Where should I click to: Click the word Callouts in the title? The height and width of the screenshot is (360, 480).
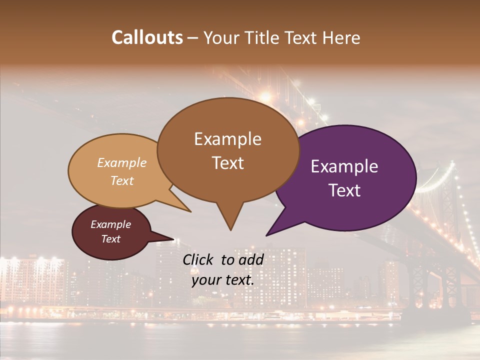point(147,37)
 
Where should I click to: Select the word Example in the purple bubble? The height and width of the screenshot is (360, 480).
point(344,166)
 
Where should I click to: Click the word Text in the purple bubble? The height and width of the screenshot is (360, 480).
point(344,190)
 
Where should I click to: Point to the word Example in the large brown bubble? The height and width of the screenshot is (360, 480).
point(227,139)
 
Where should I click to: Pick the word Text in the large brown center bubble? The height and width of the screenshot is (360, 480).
point(227,163)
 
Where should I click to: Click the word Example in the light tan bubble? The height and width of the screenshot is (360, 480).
point(121,162)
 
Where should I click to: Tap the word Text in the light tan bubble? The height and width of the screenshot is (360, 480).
point(121,180)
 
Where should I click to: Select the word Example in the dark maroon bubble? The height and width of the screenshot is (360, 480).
point(110,224)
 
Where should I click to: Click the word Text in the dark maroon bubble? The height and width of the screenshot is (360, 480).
point(110,239)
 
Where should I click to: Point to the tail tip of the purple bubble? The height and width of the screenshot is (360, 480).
point(266,235)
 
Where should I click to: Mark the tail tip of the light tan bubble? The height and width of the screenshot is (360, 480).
point(190,211)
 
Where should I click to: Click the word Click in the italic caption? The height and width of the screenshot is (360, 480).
point(198,259)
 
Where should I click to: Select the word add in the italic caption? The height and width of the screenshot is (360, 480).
point(251,259)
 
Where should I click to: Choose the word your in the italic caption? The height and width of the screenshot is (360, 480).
point(206,280)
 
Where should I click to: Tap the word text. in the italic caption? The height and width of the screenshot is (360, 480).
point(239,280)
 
